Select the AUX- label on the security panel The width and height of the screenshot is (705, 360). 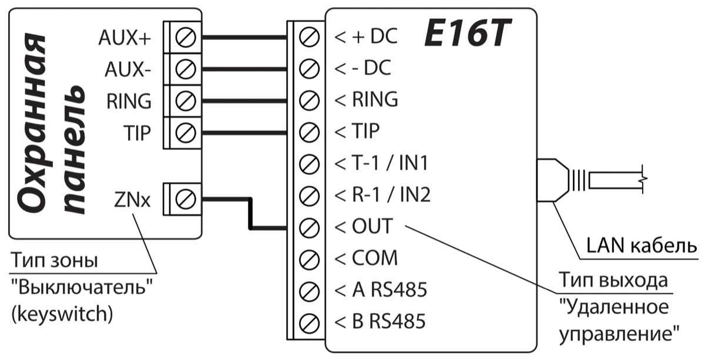127,69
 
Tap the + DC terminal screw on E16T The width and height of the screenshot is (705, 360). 308,38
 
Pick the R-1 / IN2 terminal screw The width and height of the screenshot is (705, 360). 308,194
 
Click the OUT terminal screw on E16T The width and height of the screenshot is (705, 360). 308,226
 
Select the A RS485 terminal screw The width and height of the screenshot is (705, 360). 308,290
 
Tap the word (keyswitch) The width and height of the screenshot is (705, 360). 62,314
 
